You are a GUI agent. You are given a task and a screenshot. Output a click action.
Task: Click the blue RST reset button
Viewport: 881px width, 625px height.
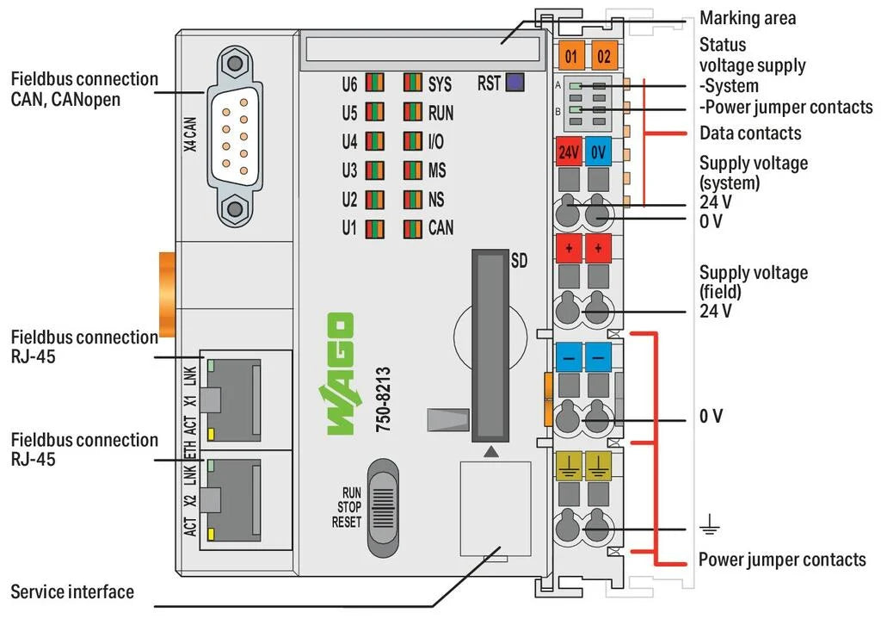tap(515, 83)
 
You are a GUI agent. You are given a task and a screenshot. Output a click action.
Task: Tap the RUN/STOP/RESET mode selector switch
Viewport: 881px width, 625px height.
tap(385, 508)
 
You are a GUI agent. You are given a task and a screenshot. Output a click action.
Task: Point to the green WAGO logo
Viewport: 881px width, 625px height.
tap(337, 374)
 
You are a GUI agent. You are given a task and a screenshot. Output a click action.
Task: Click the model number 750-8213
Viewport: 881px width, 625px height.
tap(384, 401)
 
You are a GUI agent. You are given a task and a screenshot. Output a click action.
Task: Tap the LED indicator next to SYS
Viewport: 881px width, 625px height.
tap(413, 84)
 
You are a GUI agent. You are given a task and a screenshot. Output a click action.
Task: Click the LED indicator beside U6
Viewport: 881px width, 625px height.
tap(374, 84)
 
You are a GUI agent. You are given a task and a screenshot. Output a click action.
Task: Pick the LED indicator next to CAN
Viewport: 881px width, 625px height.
tap(413, 229)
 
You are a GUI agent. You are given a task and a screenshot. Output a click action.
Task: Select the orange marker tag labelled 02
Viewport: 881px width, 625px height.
tap(604, 57)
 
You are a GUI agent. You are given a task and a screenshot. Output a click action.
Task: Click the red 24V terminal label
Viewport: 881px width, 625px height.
tap(569, 152)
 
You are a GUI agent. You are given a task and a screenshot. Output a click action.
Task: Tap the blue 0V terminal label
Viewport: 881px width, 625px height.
tap(600, 152)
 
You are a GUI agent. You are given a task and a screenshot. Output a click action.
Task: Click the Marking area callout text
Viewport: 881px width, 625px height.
tap(747, 17)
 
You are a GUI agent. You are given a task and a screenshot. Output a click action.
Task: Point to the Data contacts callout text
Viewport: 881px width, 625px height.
tap(749, 133)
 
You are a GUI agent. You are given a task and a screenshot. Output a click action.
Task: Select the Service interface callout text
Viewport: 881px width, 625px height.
tap(72, 592)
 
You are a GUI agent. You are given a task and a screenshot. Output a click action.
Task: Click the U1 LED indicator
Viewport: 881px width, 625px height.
tap(374, 229)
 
